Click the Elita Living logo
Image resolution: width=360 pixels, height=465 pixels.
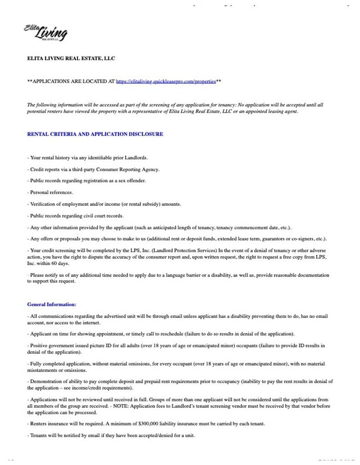coord(46,33)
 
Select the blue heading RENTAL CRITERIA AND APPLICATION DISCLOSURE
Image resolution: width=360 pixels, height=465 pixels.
coord(95,134)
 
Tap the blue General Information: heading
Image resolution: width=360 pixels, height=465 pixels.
coord(52,304)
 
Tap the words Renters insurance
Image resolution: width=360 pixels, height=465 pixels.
coord(47,424)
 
